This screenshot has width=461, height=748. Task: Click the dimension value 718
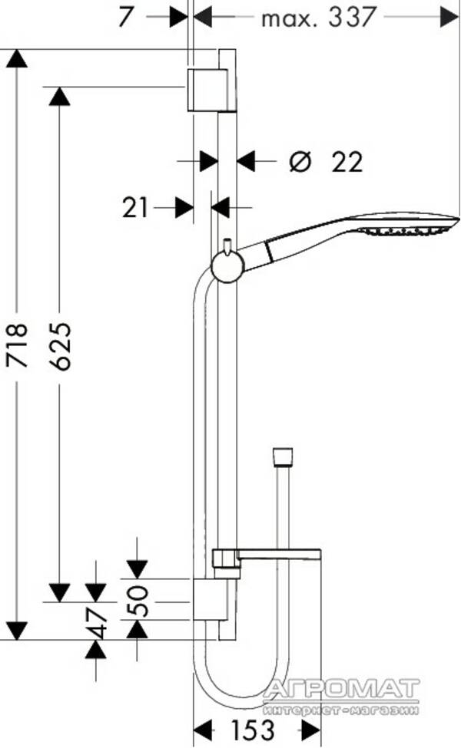17,345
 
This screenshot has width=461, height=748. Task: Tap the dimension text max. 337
318,16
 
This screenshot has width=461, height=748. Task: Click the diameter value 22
347,162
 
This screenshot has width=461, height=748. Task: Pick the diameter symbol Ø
300,162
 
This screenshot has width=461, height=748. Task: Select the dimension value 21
135,207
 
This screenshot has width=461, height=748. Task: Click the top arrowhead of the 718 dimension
16,59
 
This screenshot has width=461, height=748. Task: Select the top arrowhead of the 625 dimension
60,95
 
